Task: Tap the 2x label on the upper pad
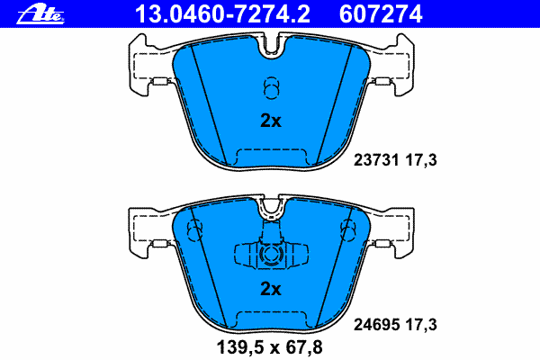(270, 121)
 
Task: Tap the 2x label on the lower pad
(270, 289)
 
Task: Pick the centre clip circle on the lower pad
(269, 256)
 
